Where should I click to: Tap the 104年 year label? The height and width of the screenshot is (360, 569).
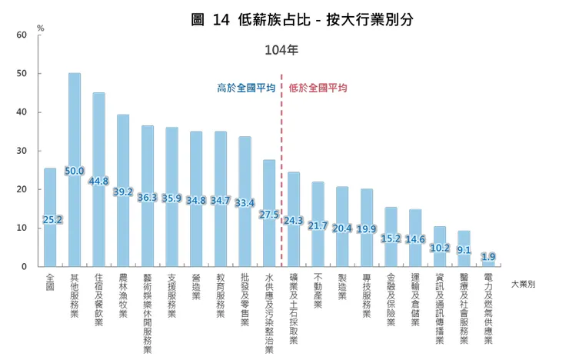[x=281, y=50]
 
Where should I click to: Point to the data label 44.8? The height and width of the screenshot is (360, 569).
[x=99, y=182]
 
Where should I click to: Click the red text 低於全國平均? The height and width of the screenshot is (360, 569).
[x=318, y=88]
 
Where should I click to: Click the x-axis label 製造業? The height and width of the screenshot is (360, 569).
[x=342, y=287]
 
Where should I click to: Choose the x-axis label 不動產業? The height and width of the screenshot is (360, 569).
[x=318, y=291]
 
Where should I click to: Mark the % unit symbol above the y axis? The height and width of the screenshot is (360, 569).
[x=40, y=28]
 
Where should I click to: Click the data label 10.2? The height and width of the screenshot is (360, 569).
[x=440, y=248]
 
